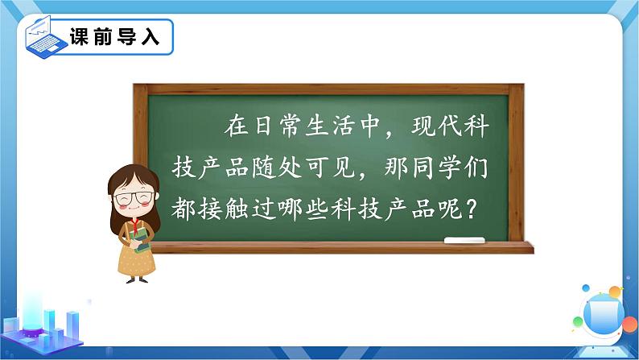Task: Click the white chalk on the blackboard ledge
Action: point(464,239)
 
